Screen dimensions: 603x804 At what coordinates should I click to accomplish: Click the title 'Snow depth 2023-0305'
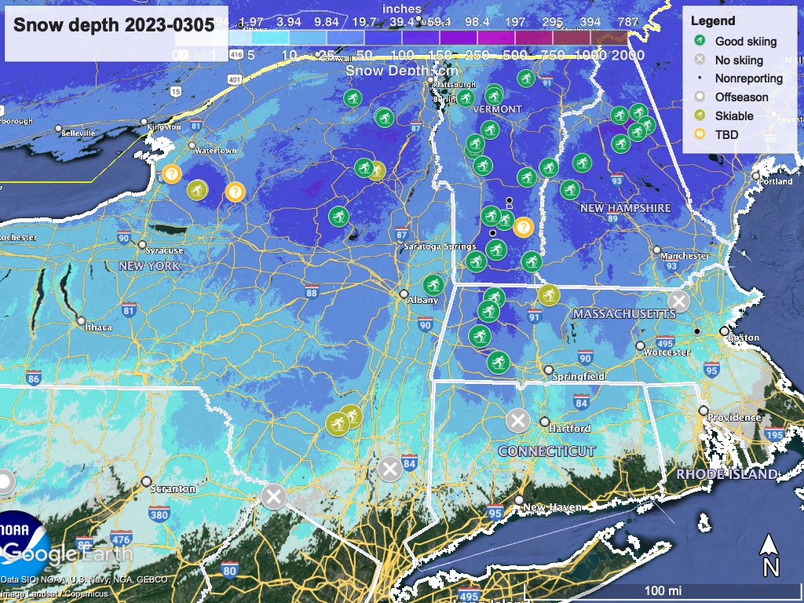pyautogui.click(x=115, y=24)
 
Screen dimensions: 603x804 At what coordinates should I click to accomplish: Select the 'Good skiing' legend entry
pyautogui.click(x=745, y=42)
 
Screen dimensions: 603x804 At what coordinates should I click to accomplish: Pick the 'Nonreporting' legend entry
pyautogui.click(x=748, y=79)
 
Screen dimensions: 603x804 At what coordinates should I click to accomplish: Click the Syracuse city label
pyautogui.click(x=164, y=250)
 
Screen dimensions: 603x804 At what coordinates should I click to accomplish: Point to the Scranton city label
pyautogui.click(x=173, y=488)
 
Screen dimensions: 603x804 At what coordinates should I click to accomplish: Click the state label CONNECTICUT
pyautogui.click(x=546, y=451)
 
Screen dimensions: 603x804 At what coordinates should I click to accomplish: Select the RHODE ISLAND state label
pyautogui.click(x=726, y=474)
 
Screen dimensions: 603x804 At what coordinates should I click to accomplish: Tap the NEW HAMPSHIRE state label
pyautogui.click(x=625, y=208)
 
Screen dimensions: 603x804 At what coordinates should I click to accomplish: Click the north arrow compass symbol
pyautogui.click(x=770, y=554)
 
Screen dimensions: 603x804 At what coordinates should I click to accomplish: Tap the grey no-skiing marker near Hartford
pyautogui.click(x=517, y=420)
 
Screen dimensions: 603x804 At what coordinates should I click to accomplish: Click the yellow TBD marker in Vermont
pyautogui.click(x=524, y=227)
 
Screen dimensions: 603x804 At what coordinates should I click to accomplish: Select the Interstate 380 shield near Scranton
pyautogui.click(x=159, y=515)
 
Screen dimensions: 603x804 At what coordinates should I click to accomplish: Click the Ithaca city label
pyautogui.click(x=99, y=327)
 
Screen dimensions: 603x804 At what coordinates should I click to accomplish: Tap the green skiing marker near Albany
pyautogui.click(x=433, y=285)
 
